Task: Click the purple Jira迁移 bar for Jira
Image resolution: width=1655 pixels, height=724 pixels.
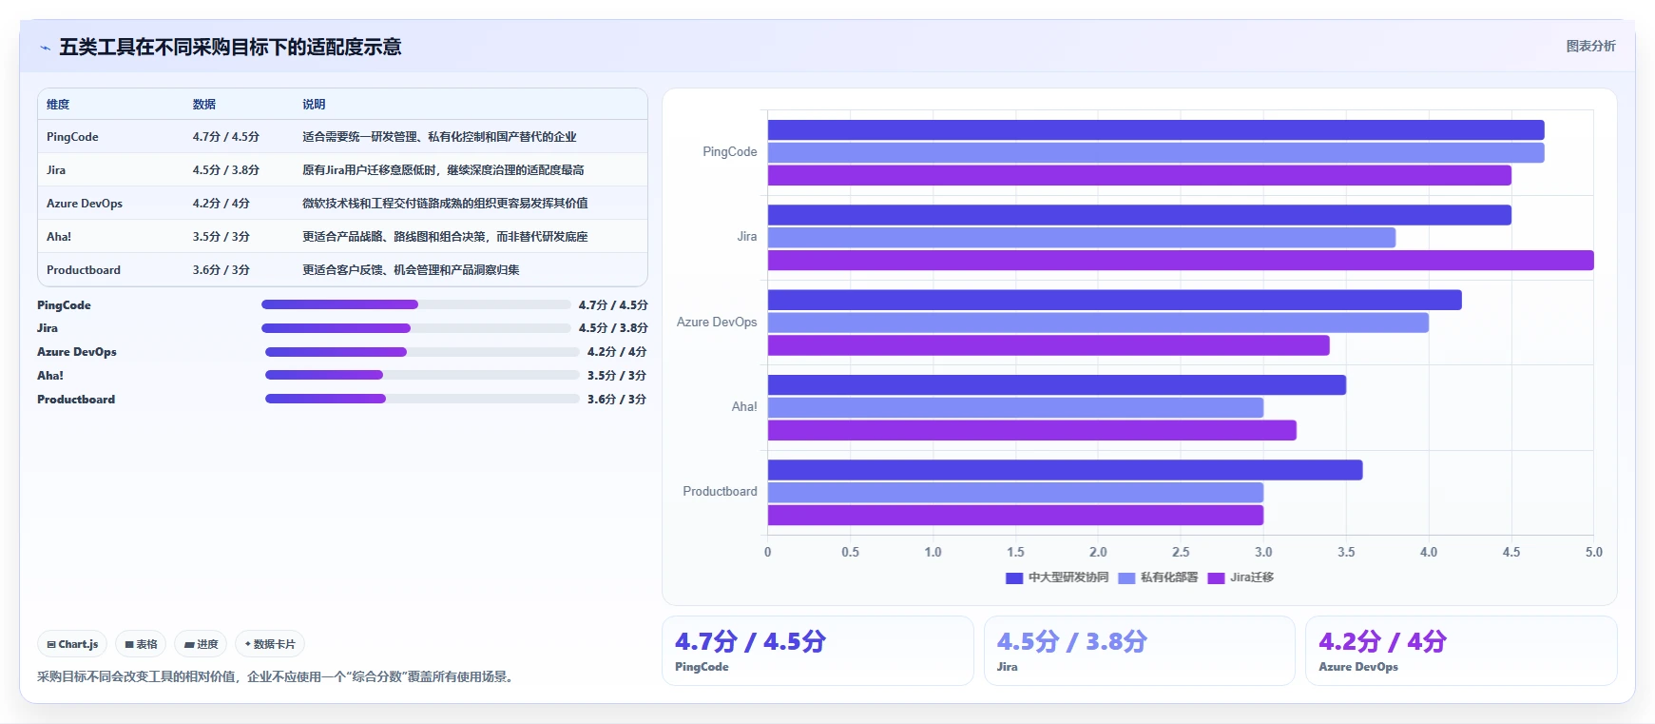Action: [1181, 261]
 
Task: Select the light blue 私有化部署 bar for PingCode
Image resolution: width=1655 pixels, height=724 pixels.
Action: [1156, 152]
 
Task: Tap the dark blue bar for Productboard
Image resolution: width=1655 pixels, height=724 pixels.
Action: [1065, 470]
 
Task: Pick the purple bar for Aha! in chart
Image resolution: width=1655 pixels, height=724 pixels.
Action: [1032, 431]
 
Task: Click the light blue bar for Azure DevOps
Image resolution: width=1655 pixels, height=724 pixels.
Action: [1098, 323]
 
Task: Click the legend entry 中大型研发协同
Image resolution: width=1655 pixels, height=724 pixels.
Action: [1057, 577]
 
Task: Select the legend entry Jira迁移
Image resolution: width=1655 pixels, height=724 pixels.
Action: [1241, 577]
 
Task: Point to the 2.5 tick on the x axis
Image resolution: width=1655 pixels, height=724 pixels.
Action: [1181, 552]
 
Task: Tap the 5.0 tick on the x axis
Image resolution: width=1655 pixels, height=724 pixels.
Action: [1594, 552]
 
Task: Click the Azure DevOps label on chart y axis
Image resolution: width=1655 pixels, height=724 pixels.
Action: [717, 323]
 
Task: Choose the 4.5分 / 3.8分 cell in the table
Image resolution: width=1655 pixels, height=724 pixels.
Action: [226, 170]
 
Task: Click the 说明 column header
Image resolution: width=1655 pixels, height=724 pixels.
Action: [314, 105]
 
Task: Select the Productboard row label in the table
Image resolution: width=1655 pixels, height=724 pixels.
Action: [84, 270]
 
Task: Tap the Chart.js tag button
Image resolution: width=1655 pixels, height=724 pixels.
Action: [72, 644]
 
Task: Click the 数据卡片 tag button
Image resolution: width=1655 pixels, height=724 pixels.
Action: [270, 644]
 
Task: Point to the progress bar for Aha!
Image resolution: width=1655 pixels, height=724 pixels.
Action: [422, 375]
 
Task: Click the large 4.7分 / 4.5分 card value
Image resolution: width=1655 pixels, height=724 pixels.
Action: [750, 641]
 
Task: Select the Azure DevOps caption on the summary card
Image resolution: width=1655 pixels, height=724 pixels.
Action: [1358, 667]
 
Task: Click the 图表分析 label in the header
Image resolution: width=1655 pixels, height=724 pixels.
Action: [1590, 46]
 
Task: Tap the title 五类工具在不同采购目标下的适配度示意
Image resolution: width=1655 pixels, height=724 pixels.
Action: [230, 47]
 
